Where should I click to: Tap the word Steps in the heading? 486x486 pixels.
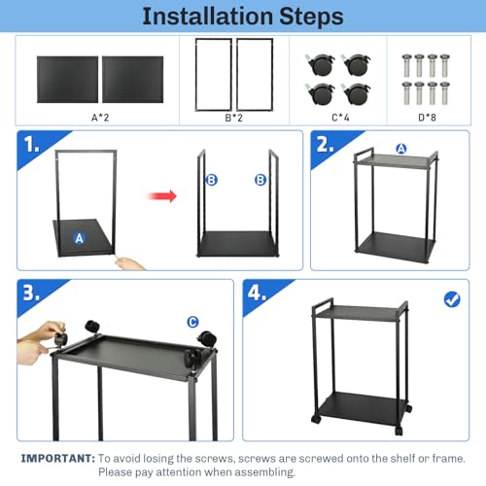302,17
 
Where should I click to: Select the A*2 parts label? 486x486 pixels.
100,117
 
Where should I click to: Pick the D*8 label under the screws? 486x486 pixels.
430,117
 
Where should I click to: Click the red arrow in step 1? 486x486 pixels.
164,196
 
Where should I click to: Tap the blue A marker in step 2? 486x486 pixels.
400,149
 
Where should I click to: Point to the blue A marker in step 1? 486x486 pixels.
80,236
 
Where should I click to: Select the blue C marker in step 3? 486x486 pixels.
192,322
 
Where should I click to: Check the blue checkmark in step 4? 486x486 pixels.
451,299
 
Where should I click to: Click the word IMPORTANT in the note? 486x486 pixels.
57,457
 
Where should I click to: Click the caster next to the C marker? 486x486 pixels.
206,339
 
